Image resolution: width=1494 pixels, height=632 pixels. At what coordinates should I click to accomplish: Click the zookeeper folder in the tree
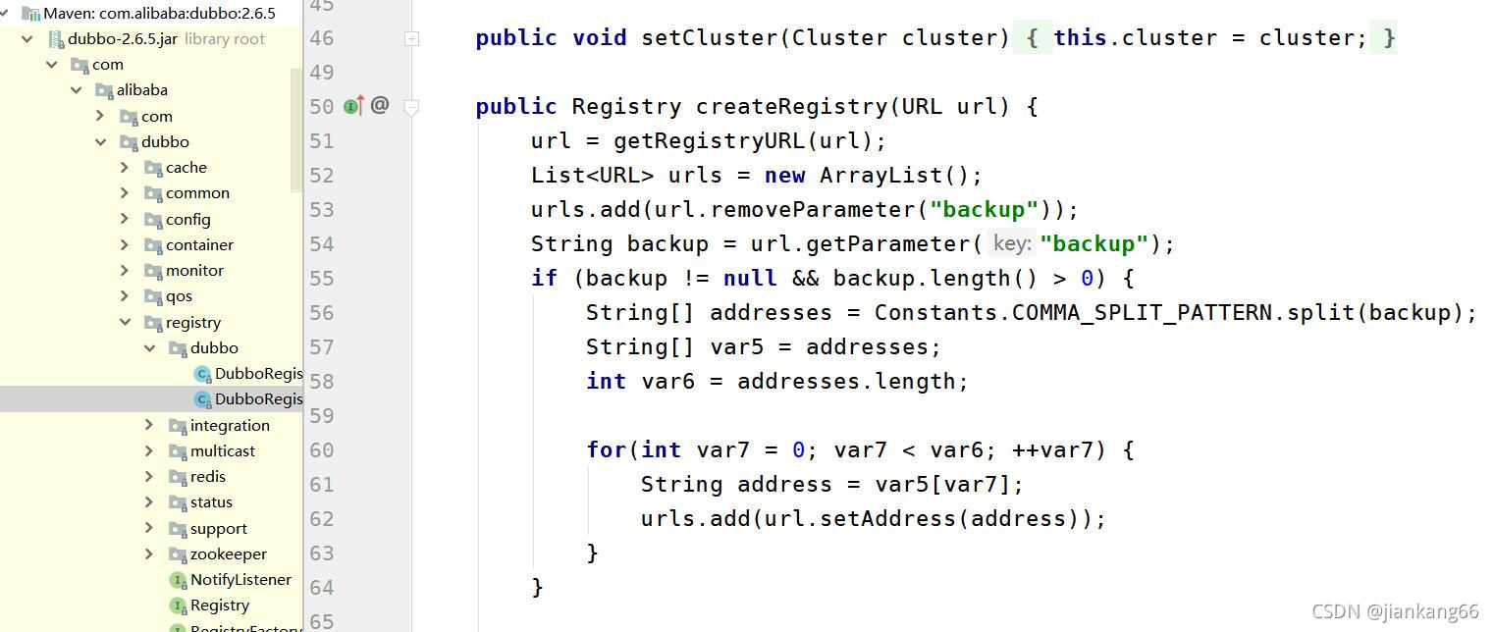pyautogui.click(x=228, y=553)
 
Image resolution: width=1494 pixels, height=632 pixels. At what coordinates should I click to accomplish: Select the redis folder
pyautogui.click(x=207, y=476)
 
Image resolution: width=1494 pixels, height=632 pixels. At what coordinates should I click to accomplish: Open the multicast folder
pyautogui.click(x=222, y=450)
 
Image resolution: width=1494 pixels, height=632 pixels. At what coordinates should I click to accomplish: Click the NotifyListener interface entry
pyautogui.click(x=240, y=579)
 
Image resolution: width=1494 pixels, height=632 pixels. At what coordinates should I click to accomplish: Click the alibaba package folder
pyautogui.click(x=141, y=89)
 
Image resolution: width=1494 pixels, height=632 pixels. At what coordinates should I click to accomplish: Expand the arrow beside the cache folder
pyautogui.click(x=125, y=167)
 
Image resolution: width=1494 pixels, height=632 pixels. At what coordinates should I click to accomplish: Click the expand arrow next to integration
pyautogui.click(x=149, y=425)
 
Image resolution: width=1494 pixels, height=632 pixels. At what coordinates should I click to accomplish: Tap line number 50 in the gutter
pyautogui.click(x=321, y=106)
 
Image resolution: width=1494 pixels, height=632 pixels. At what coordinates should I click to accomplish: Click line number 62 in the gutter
pyautogui.click(x=321, y=518)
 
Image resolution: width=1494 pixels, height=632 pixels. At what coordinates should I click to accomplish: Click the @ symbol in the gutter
pyautogui.click(x=380, y=105)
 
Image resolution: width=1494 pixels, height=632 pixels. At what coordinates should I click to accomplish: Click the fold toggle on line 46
pyautogui.click(x=412, y=38)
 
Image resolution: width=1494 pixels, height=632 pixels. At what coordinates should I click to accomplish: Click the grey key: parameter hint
pyautogui.click(x=1011, y=243)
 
